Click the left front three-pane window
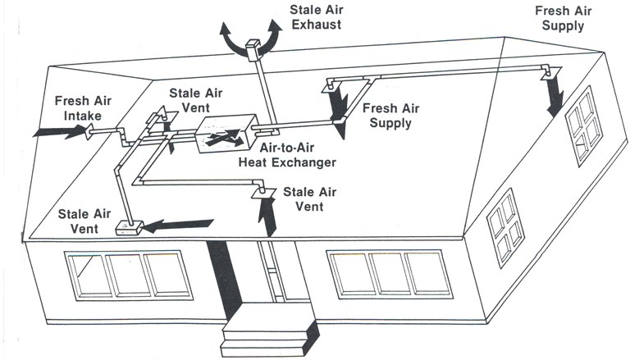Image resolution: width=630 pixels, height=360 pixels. tap(122, 273)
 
